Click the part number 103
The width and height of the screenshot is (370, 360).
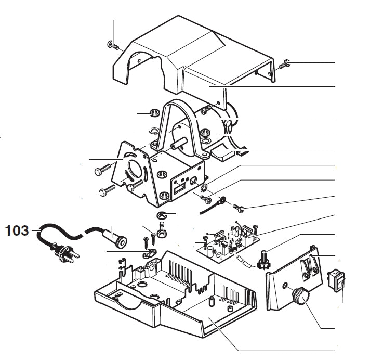click(18, 230)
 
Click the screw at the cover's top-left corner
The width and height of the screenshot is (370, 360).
click(113, 46)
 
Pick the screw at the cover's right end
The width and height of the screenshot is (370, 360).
click(284, 65)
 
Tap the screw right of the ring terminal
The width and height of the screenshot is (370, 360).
click(239, 208)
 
